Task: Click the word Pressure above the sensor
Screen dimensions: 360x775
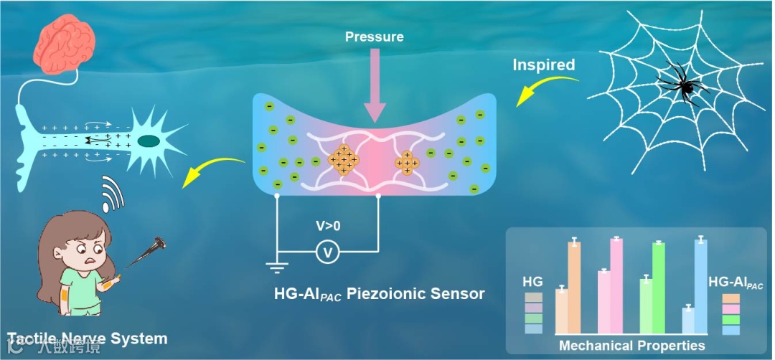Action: (x=374, y=37)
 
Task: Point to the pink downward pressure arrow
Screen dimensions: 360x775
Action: (x=375, y=89)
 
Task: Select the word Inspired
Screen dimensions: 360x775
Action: (x=544, y=65)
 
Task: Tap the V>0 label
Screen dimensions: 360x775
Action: (x=329, y=225)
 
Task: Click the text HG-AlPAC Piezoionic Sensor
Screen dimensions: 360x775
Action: (x=380, y=294)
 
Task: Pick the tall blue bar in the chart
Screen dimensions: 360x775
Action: (x=700, y=286)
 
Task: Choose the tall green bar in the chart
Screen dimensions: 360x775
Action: (x=658, y=288)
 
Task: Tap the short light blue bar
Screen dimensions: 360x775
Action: (x=687, y=320)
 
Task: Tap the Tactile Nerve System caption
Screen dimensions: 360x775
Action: (x=86, y=338)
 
